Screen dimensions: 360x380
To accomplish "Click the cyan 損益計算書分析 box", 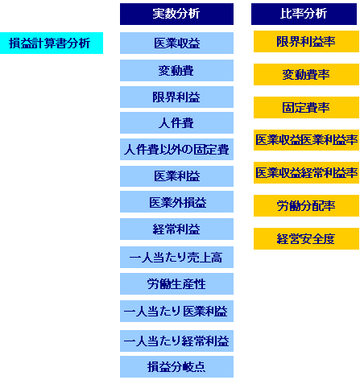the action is pyautogui.click(x=52, y=43).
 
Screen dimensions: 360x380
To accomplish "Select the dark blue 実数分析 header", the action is pyautogui.click(x=176, y=14).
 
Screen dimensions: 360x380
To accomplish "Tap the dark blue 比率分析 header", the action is pyautogui.click(x=304, y=14).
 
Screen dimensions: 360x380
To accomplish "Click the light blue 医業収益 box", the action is pyautogui.click(x=176, y=43).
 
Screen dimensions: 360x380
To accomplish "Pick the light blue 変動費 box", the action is pyautogui.click(x=176, y=70).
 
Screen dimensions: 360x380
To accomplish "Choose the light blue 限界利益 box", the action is pyautogui.click(x=176, y=97).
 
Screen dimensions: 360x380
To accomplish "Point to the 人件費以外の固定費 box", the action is pyautogui.click(x=176, y=149).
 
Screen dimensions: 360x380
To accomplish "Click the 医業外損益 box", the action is pyautogui.click(x=176, y=202).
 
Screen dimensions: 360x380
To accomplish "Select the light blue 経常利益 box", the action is pyautogui.click(x=176, y=229).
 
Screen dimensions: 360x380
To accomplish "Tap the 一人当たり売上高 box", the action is pyautogui.click(x=176, y=257).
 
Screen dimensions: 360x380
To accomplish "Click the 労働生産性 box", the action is pyautogui.click(x=176, y=283).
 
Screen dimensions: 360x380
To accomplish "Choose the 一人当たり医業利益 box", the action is pyautogui.click(x=176, y=311).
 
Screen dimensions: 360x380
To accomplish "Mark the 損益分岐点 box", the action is pyautogui.click(x=176, y=367).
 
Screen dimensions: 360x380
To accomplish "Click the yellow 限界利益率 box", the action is pyautogui.click(x=306, y=41).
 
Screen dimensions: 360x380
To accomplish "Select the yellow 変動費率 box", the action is pyautogui.click(x=306, y=74).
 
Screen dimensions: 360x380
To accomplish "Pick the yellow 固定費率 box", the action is pyautogui.click(x=306, y=107).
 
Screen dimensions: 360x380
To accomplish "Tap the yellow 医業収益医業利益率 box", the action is pyautogui.click(x=306, y=140).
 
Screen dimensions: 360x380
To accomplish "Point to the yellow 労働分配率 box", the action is pyautogui.click(x=306, y=205).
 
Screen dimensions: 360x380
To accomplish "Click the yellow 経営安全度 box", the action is pyautogui.click(x=306, y=238).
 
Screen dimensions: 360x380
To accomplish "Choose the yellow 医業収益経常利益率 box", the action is pyautogui.click(x=306, y=172).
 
